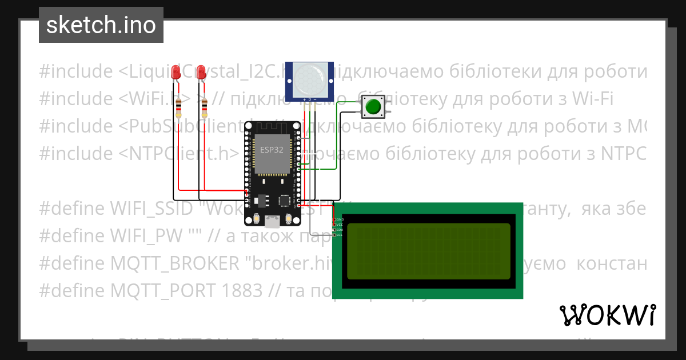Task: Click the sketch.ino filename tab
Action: click(101, 25)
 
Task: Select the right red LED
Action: click(201, 73)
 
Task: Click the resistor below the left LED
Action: click(180, 107)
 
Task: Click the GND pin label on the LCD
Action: click(340, 219)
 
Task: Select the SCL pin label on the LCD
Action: click(340, 235)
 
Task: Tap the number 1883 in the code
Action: click(240, 291)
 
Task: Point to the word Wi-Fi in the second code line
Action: click(592, 99)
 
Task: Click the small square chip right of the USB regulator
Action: click(284, 200)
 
